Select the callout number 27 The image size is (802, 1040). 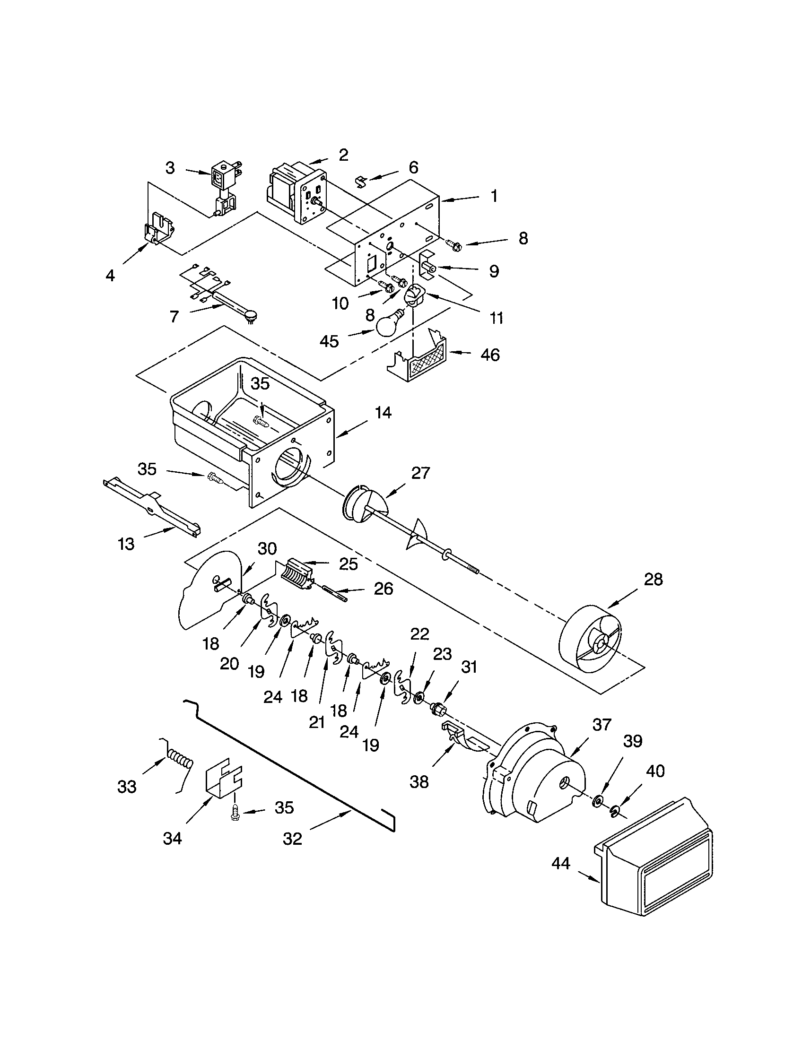pyautogui.click(x=420, y=473)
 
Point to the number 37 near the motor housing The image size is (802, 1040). pyautogui.click(x=601, y=725)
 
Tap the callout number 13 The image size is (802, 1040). pyautogui.click(x=126, y=544)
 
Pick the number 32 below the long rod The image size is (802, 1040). pyautogui.click(x=292, y=839)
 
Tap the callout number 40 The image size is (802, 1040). pyautogui.click(x=655, y=771)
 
